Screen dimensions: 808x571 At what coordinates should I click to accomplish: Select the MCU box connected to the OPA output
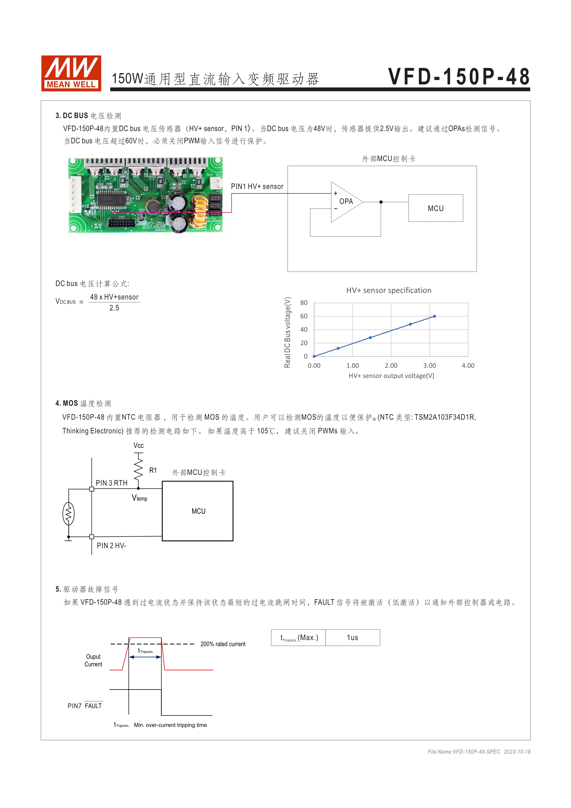435,208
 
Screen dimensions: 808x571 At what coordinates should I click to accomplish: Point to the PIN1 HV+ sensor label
257,187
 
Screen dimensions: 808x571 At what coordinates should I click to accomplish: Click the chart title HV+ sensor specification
388,290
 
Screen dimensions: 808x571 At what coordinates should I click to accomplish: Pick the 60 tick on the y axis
304,316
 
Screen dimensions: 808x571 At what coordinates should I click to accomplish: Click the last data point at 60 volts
434,316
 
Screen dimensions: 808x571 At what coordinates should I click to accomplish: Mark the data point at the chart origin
314,356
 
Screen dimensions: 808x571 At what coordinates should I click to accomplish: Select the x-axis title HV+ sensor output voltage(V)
391,376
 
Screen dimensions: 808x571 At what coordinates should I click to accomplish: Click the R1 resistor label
153,470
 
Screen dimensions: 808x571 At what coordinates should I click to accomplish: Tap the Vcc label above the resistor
139,446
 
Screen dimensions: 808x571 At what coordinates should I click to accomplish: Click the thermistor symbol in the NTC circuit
69,514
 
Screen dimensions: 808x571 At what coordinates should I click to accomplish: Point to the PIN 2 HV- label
111,546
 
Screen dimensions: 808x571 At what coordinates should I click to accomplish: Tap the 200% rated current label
223,644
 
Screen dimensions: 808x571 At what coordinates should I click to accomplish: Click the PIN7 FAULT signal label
85,706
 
